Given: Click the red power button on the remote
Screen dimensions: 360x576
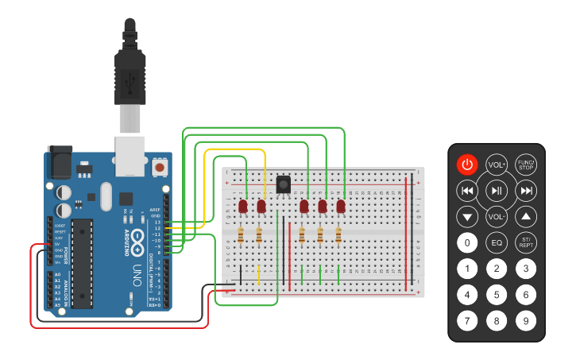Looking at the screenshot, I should point(467,165).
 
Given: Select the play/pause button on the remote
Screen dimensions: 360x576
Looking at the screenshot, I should point(497,191).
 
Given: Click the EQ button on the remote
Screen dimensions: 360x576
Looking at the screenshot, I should point(497,242).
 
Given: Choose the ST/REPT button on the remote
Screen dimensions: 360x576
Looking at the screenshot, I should point(525,242).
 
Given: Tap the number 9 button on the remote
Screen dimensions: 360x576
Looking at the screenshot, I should point(525,321).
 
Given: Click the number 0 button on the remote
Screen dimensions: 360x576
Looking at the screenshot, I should point(468,242).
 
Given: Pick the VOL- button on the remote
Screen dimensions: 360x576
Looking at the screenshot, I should point(497,216).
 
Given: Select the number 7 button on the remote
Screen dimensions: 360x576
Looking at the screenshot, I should point(468,321).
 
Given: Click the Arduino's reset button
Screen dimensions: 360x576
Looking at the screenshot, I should point(160,168).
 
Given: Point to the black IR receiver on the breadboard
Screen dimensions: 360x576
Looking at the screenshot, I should point(283,184).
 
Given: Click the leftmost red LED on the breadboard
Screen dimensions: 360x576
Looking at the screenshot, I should point(243,207).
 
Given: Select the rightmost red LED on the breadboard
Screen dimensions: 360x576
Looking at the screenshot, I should point(341,207).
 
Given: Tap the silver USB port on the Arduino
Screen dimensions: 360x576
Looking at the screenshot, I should point(130,155).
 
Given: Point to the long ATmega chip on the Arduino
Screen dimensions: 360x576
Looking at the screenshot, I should point(82,263).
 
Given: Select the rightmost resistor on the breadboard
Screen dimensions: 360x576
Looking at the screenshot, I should point(338,235).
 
